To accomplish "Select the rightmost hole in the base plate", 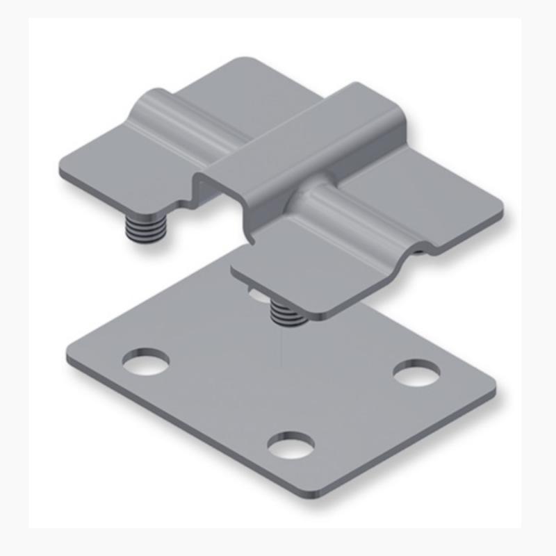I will [416, 373].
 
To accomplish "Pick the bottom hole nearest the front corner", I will [291, 445].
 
